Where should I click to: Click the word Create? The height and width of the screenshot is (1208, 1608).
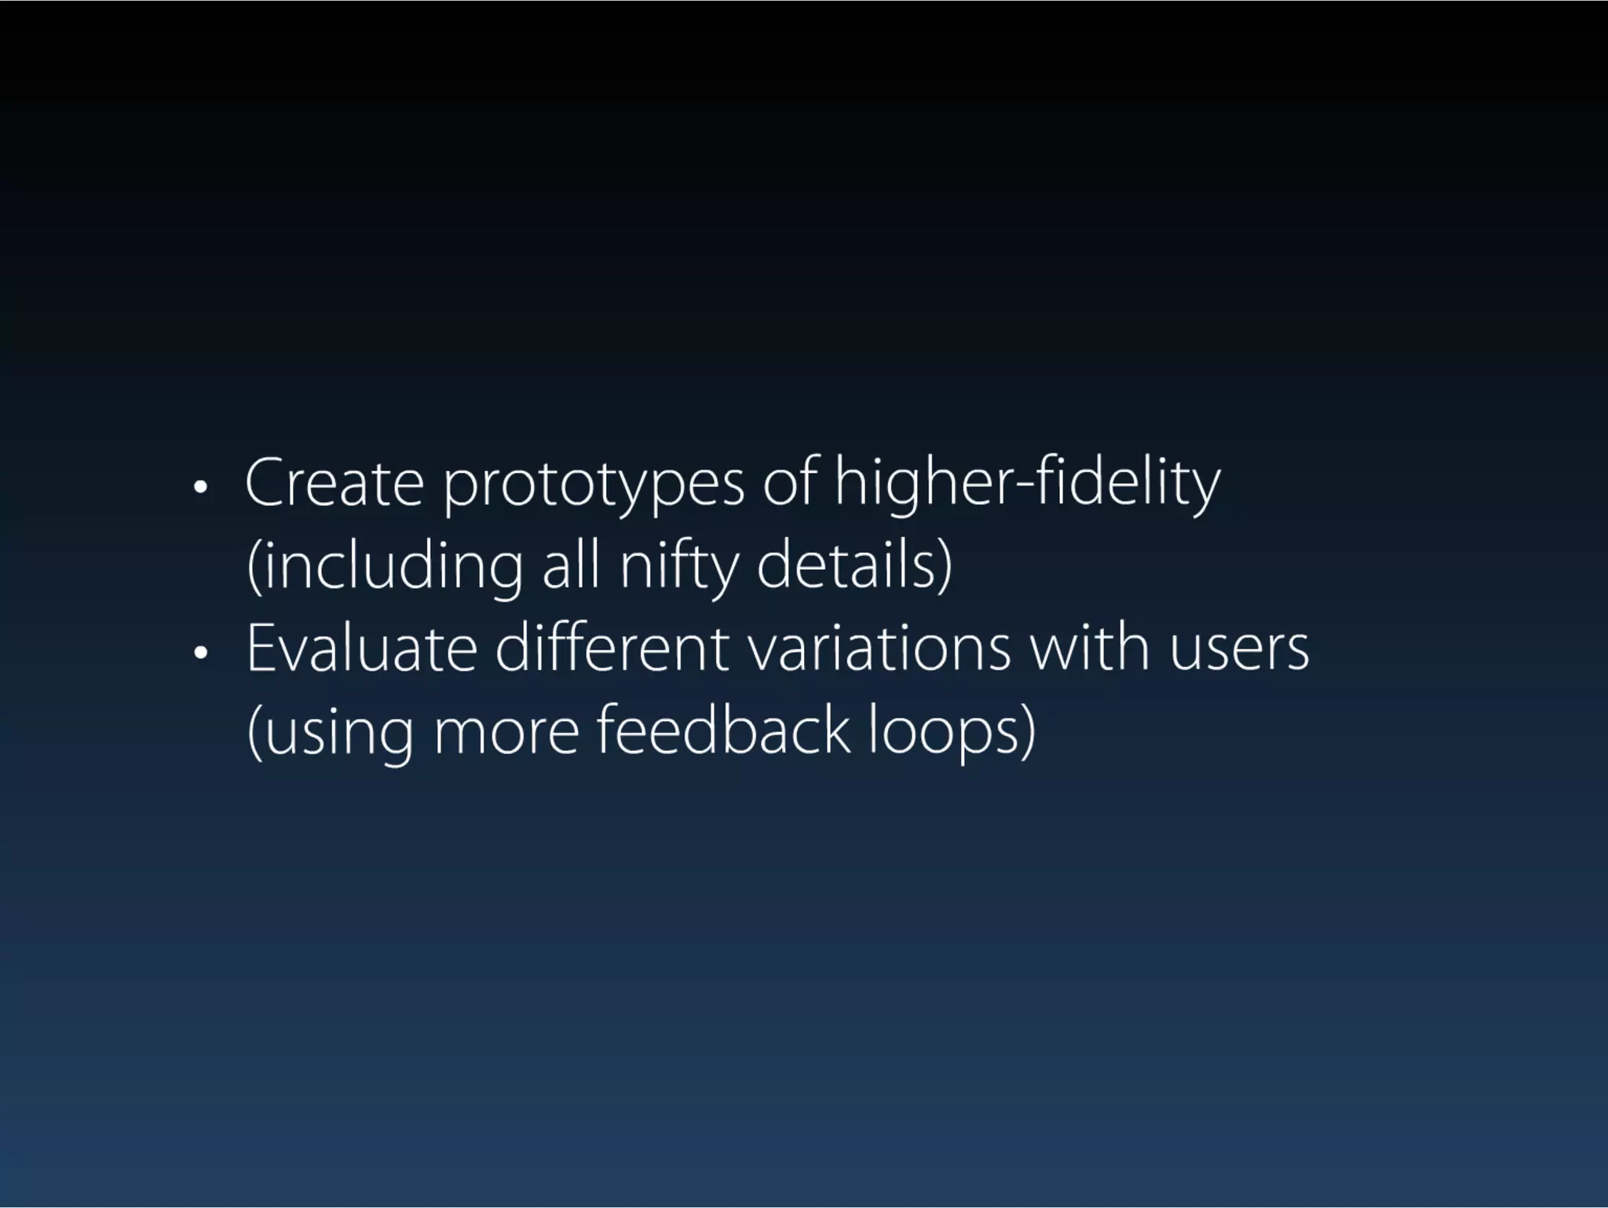click(x=334, y=482)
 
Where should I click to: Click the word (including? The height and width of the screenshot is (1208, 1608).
click(x=385, y=567)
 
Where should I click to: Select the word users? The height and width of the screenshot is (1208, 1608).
click(x=1239, y=650)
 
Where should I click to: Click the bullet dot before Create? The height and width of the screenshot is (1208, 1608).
click(x=201, y=488)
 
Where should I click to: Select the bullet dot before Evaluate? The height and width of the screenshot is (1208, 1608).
click(x=201, y=653)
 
